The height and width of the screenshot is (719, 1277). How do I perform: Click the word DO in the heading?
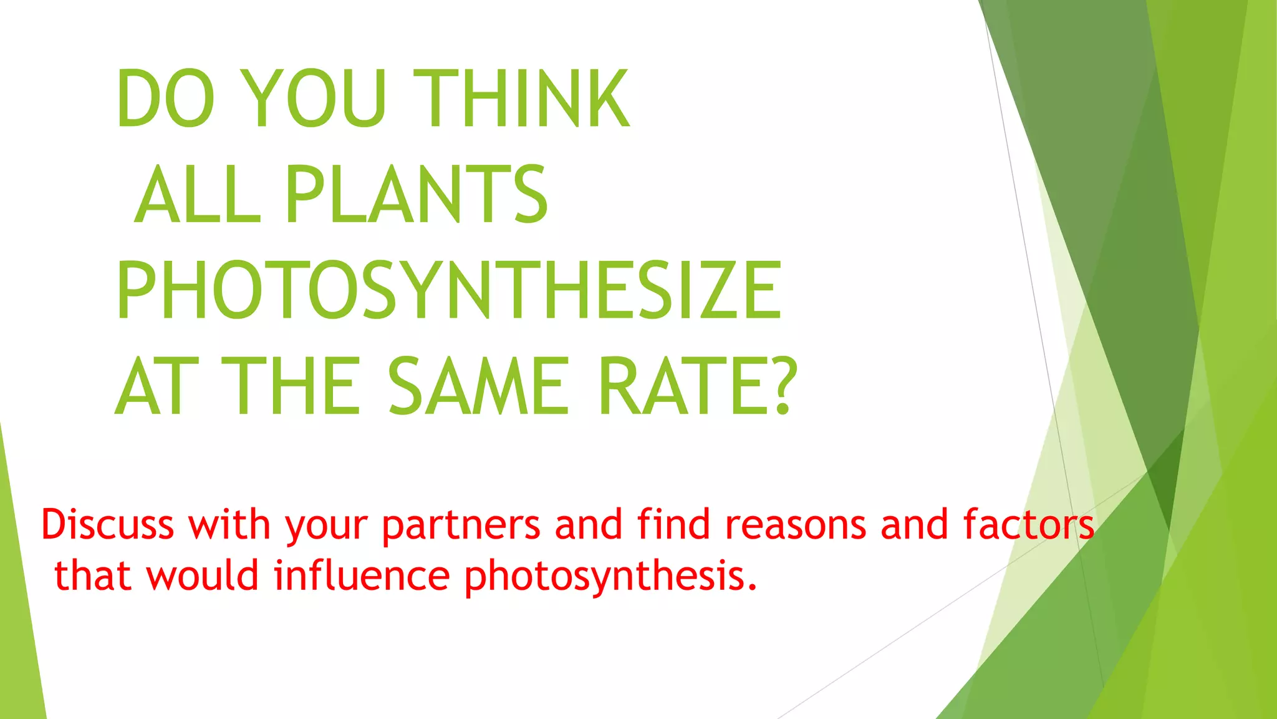[166, 99]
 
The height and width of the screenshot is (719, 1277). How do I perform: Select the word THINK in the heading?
[521, 99]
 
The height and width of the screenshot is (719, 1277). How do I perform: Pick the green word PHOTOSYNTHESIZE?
[448, 290]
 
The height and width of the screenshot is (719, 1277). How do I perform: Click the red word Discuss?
[107, 524]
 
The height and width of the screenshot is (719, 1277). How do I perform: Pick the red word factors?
[1028, 524]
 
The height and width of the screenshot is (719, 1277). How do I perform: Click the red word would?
[202, 575]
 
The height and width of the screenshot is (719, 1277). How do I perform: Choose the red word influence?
[362, 575]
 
